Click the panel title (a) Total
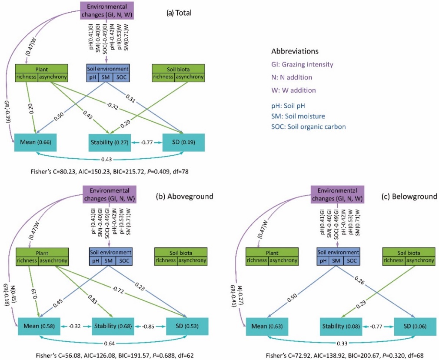(x=179, y=13)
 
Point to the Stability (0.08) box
(x=342, y=326)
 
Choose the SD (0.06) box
(x=415, y=326)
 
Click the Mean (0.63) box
(x=265, y=326)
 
